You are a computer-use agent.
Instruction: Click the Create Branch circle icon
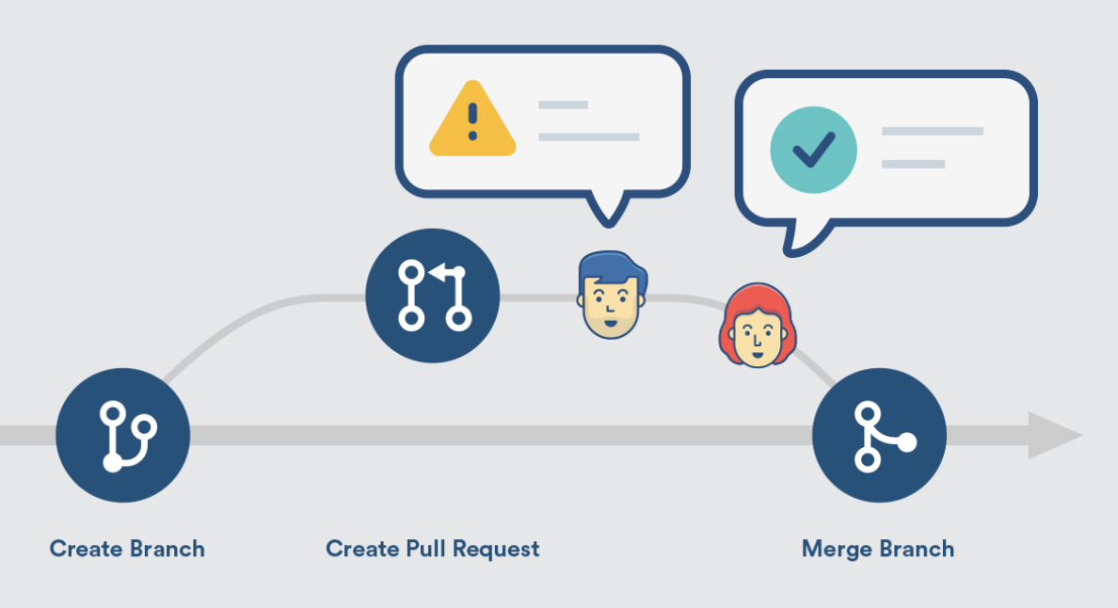123,436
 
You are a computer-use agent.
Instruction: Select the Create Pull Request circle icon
433,296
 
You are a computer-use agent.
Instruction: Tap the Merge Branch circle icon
879,436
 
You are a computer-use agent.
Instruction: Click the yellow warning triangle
472,120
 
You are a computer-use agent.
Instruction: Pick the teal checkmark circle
813,148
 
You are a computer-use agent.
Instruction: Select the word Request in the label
496,549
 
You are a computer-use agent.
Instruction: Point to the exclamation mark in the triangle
472,122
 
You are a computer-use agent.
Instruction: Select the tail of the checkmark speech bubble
797,239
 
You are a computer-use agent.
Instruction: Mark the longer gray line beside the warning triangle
588,136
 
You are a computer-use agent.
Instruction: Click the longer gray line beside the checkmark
932,131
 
